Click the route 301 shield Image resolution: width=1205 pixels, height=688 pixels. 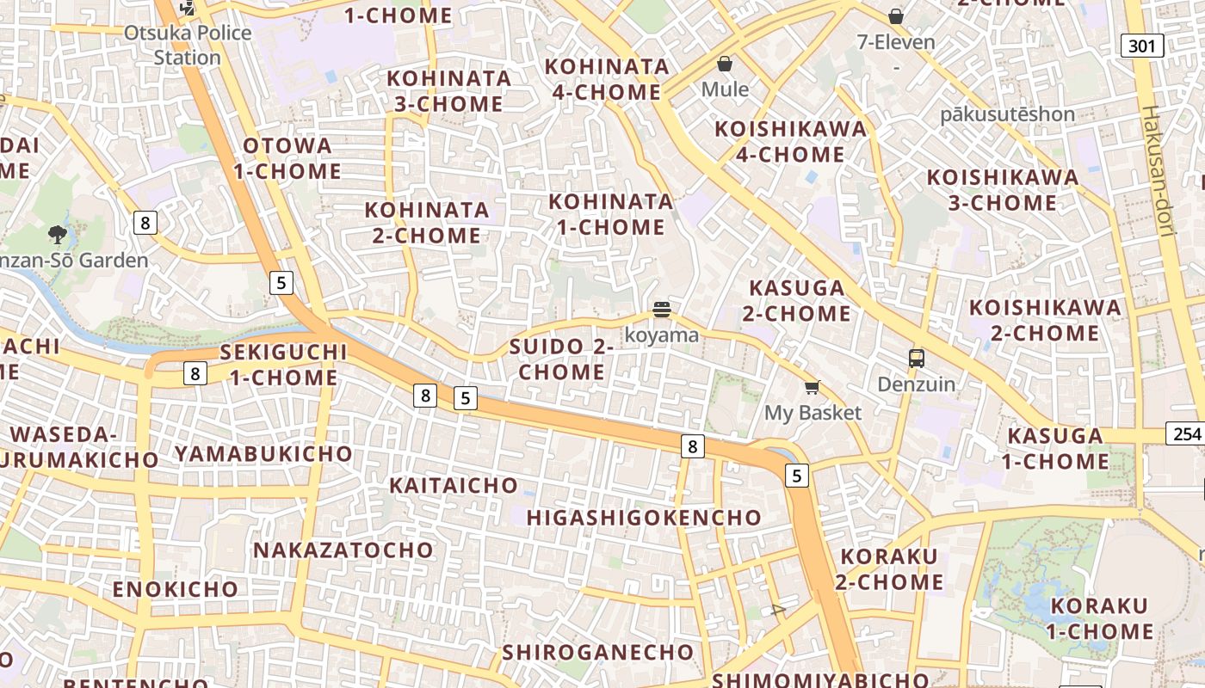(x=1141, y=46)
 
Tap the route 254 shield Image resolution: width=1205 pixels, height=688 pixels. (x=1184, y=433)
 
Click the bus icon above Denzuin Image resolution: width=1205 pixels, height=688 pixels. (x=916, y=359)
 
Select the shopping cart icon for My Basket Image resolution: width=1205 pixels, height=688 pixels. (x=812, y=388)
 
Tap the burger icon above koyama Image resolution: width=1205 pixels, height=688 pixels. (x=661, y=310)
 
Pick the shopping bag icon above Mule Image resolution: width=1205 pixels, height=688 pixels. (x=725, y=64)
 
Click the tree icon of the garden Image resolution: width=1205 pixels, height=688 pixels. (x=58, y=234)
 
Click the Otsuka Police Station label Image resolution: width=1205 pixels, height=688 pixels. (x=188, y=45)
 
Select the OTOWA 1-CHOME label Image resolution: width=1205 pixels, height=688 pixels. (x=287, y=158)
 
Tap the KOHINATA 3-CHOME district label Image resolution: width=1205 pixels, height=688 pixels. (x=448, y=91)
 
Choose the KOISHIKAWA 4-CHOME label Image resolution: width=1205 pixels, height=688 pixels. (x=791, y=142)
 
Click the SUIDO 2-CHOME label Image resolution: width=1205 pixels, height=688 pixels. (x=561, y=359)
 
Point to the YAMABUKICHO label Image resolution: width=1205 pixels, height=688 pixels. (x=263, y=453)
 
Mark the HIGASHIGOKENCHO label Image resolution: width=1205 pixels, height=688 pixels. (x=644, y=518)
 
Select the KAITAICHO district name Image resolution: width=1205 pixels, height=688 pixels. (x=453, y=485)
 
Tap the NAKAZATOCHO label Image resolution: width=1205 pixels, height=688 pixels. (x=343, y=550)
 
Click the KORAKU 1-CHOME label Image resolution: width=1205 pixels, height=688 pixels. (x=1099, y=618)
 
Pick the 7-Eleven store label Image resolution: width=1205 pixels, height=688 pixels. (x=895, y=41)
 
